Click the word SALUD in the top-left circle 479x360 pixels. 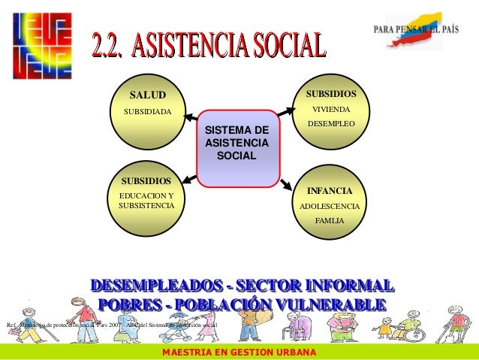pos(146,95)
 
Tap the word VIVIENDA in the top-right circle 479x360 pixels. pos(330,109)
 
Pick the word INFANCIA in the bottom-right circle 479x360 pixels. pos(330,191)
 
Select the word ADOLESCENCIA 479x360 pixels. pos(330,206)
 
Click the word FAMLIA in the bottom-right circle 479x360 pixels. pos(330,221)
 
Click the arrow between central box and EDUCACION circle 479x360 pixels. pos(188,178)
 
